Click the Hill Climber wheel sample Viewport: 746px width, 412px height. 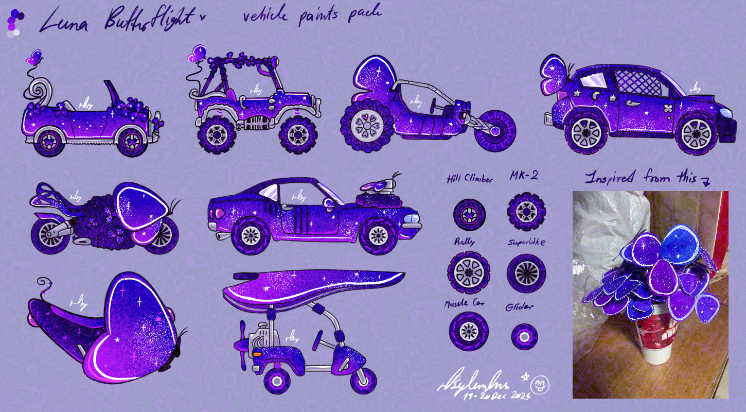pyautogui.click(x=469, y=214)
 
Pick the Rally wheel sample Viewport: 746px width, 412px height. pyautogui.click(x=468, y=271)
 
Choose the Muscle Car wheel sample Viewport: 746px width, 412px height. pyautogui.click(x=468, y=331)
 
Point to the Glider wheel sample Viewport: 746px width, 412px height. pyautogui.click(x=524, y=336)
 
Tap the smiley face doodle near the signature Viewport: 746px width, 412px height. pyautogui.click(x=540, y=384)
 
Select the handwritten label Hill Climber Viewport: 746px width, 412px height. pyautogui.click(x=469, y=179)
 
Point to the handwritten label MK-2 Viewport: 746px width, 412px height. pyautogui.click(x=524, y=176)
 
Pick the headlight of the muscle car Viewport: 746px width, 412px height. pyautogui.click(x=411, y=219)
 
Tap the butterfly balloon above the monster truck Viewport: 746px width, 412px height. pyautogui.click(x=198, y=53)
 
